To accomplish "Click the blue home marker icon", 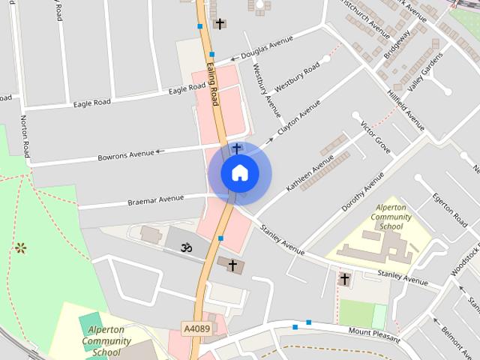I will point(239,172).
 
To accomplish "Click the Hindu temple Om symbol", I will point(182,245).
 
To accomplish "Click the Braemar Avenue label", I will point(155,199).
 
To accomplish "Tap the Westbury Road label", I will point(297,77).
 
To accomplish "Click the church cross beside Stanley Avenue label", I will point(345,279).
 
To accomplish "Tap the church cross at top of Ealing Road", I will point(219,24).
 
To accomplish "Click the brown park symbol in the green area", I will point(21,247).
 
